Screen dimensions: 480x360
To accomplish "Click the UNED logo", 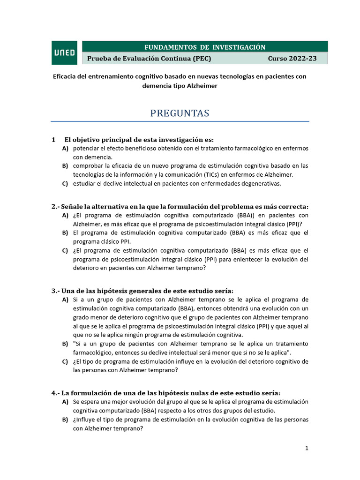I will click(x=65, y=52).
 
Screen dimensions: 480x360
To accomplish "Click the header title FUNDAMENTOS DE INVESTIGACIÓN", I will click(x=205, y=47).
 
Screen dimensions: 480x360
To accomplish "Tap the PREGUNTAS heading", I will click(x=180, y=113).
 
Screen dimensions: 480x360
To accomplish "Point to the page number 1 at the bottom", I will click(x=307, y=448).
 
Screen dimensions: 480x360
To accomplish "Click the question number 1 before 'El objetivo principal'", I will click(x=54, y=140).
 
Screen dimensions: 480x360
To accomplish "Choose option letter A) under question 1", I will click(x=65, y=149).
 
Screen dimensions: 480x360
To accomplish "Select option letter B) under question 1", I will click(x=65, y=166).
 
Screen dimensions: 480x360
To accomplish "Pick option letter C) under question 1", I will click(x=65, y=184).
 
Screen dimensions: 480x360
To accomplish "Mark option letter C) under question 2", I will click(x=65, y=250).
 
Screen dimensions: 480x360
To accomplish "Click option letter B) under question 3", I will click(x=65, y=344).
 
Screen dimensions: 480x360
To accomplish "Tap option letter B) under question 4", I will click(x=65, y=420).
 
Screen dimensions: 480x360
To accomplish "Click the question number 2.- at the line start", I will click(x=56, y=207).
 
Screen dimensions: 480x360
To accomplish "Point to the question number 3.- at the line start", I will click(x=56, y=291).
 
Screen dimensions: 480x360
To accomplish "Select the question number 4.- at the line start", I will click(x=56, y=393).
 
